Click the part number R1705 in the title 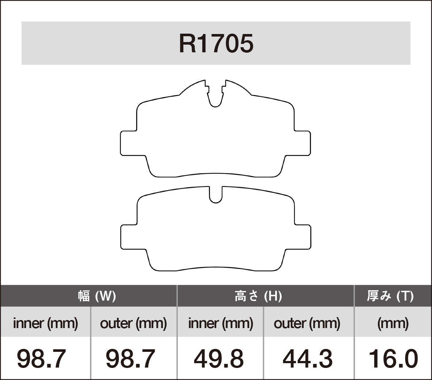(216, 44)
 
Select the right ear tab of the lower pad (303, 237)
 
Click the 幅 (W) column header (97, 296)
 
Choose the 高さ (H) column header (258, 296)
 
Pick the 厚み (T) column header (390, 296)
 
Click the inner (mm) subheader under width (45, 323)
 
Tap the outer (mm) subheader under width (134, 323)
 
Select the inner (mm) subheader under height (220, 323)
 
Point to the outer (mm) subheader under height (307, 323)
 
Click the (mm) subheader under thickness (393, 323)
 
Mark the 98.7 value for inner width (41, 359)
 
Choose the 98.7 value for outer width (130, 359)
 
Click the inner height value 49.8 (219, 359)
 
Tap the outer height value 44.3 (308, 359)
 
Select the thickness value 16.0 (393, 359)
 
